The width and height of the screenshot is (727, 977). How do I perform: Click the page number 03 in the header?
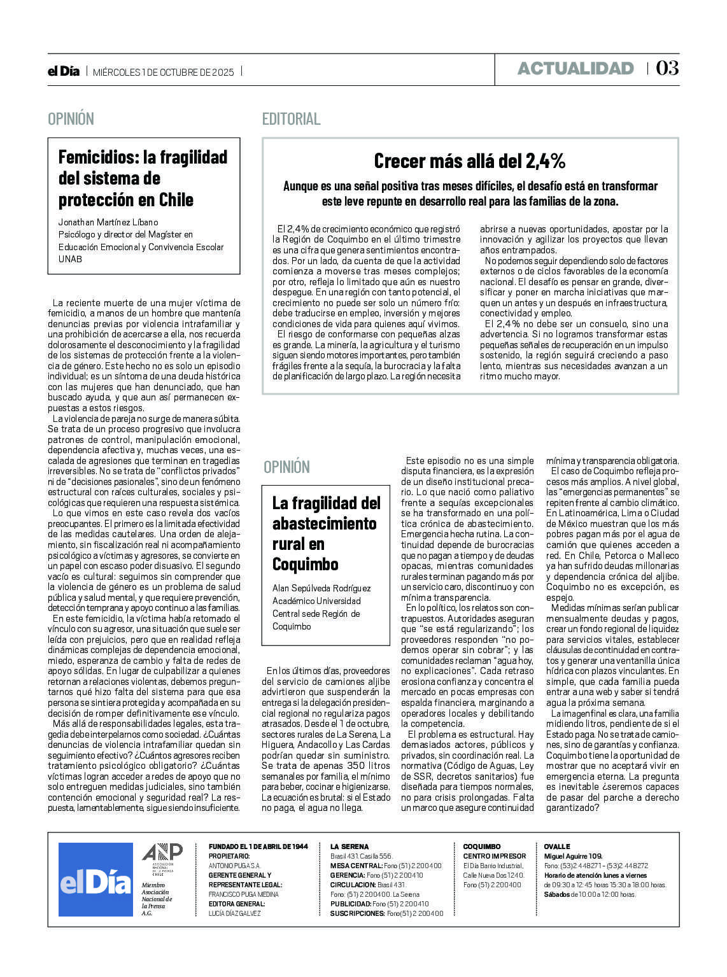pos(667,68)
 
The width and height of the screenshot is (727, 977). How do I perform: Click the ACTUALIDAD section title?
pos(575,69)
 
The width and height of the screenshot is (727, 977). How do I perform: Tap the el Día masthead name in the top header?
pos(64,71)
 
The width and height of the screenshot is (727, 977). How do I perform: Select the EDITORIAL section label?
pos(291,119)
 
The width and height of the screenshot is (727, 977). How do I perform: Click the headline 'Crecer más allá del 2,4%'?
pos(470,161)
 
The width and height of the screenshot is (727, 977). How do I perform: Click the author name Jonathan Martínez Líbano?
pos(108,223)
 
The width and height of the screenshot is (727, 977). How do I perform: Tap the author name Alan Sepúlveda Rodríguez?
pos(321,588)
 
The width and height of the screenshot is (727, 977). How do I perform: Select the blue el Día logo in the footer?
pos(95,880)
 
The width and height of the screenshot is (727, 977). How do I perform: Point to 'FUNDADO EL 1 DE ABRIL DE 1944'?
pos(258,847)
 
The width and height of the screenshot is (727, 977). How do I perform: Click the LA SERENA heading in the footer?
pos(349,847)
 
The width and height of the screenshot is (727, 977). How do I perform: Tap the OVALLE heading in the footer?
pos(557,847)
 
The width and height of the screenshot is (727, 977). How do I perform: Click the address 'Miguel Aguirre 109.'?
pos(573,856)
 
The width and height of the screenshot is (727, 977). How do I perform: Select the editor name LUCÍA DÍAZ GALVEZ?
pos(234,913)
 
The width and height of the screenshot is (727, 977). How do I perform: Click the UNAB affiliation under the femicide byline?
pos(70,259)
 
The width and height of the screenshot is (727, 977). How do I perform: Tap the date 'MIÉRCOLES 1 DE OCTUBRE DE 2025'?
pos(164,72)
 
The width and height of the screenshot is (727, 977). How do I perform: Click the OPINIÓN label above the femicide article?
pos(71,119)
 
